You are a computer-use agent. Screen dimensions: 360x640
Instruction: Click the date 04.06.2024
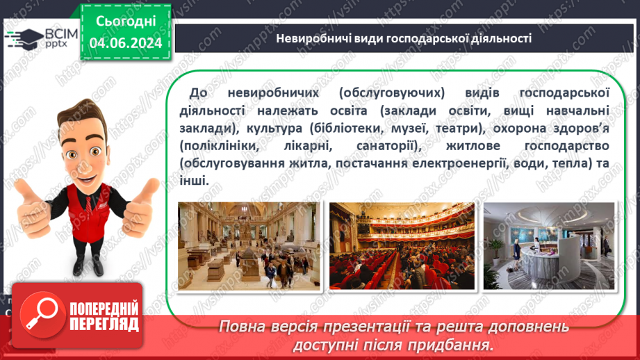tap(125, 43)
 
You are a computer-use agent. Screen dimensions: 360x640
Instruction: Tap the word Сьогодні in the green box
tap(125, 21)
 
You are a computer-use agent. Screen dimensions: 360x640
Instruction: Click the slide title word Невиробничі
tap(311, 38)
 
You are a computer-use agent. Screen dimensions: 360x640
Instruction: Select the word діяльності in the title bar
tap(499, 38)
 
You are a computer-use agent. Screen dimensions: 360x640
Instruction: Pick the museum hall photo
tap(249, 245)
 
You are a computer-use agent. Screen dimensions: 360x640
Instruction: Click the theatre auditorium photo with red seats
tap(401, 245)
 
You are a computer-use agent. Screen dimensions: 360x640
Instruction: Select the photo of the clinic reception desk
tap(549, 245)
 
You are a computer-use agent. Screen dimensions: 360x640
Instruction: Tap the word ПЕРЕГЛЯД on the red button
tap(102, 324)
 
